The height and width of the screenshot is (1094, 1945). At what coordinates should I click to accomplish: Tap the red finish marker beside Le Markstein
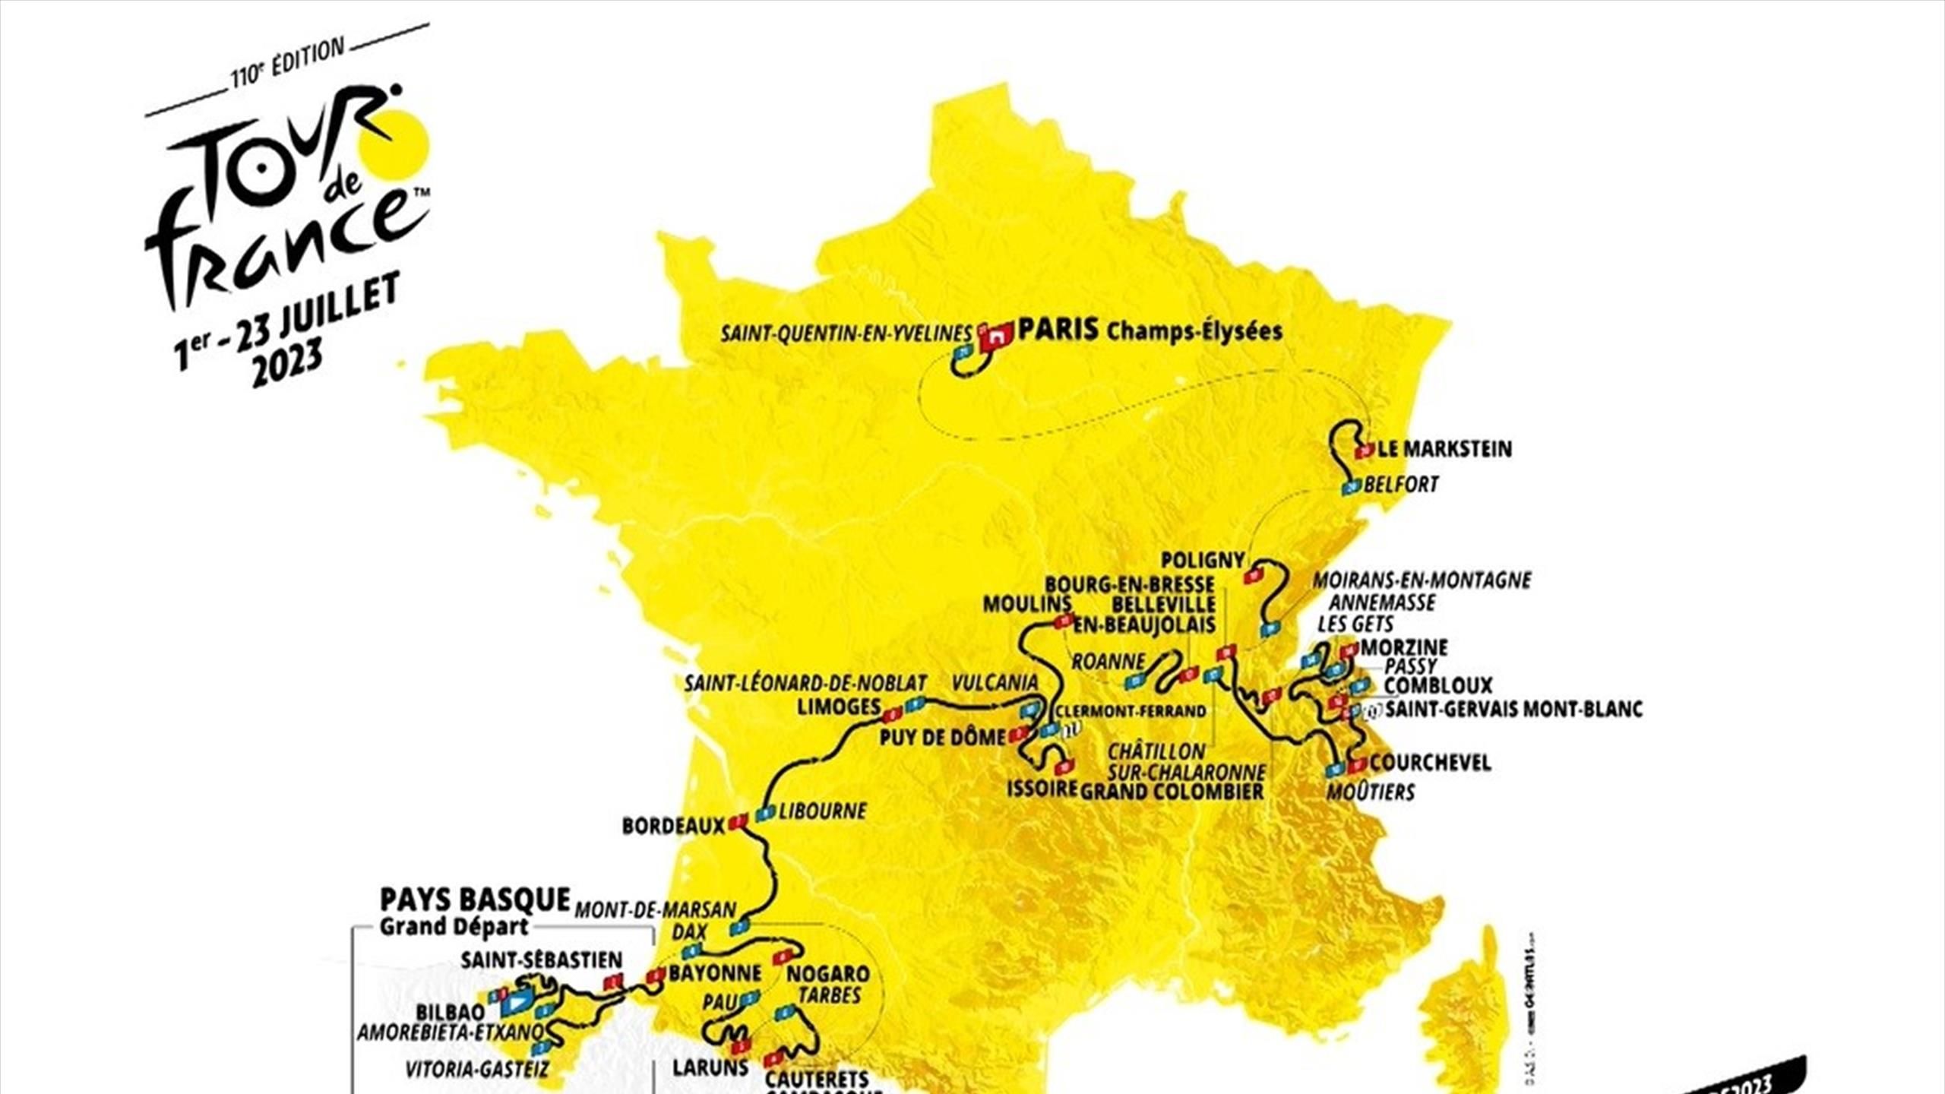[1364, 451]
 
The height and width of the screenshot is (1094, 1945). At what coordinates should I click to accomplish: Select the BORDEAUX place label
[672, 826]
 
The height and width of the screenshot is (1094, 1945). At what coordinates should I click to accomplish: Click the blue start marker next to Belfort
[1352, 486]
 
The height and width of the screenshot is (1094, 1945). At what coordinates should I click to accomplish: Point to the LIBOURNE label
[822, 811]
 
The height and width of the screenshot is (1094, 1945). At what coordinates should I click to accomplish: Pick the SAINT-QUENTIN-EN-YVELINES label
[846, 334]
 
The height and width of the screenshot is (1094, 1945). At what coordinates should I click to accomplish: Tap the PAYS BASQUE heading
[474, 900]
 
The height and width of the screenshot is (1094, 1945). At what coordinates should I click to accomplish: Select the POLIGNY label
[1203, 561]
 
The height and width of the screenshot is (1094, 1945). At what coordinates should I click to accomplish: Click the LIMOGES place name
[838, 707]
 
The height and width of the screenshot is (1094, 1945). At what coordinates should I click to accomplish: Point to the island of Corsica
[1463, 1018]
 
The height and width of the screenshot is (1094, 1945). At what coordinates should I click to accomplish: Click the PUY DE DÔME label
[942, 737]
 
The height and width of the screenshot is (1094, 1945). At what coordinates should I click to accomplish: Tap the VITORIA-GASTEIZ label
[476, 1070]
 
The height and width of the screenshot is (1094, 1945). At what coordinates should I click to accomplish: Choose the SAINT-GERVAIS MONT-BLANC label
[1513, 710]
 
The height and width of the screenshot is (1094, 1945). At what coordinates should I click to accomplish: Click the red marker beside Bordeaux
[738, 822]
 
